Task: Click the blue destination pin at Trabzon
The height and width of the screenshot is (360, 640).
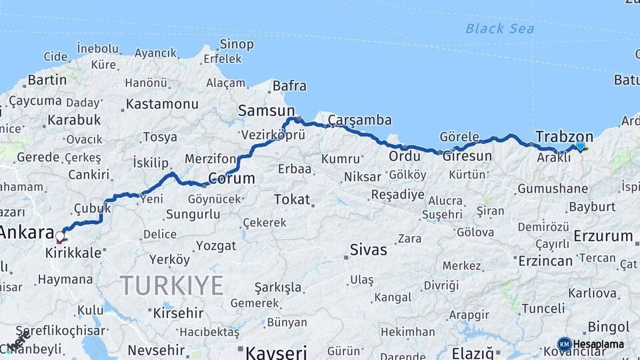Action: (x=580, y=146)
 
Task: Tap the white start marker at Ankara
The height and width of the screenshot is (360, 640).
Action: (x=60, y=236)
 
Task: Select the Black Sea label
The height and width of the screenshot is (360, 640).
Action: (x=499, y=29)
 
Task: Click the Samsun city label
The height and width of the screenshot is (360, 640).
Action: (x=266, y=111)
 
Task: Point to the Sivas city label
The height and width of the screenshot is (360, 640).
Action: (x=368, y=250)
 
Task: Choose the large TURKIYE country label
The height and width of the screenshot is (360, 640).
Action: (x=172, y=285)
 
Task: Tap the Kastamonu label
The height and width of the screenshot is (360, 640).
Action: (x=162, y=104)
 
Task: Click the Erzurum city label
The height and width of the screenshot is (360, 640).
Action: (x=602, y=236)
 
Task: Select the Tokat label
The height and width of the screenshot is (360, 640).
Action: (x=292, y=199)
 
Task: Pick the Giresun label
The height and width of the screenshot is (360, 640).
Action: (x=467, y=156)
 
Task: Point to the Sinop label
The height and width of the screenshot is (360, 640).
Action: (x=237, y=45)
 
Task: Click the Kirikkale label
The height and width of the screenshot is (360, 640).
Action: (x=73, y=253)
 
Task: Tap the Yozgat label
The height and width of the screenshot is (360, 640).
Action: (x=216, y=246)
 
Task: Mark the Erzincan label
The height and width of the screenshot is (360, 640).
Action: (x=545, y=260)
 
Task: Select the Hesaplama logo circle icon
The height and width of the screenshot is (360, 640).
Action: (x=564, y=344)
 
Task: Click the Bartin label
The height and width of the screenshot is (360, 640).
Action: (x=47, y=80)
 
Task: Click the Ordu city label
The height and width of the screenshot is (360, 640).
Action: (x=405, y=156)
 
